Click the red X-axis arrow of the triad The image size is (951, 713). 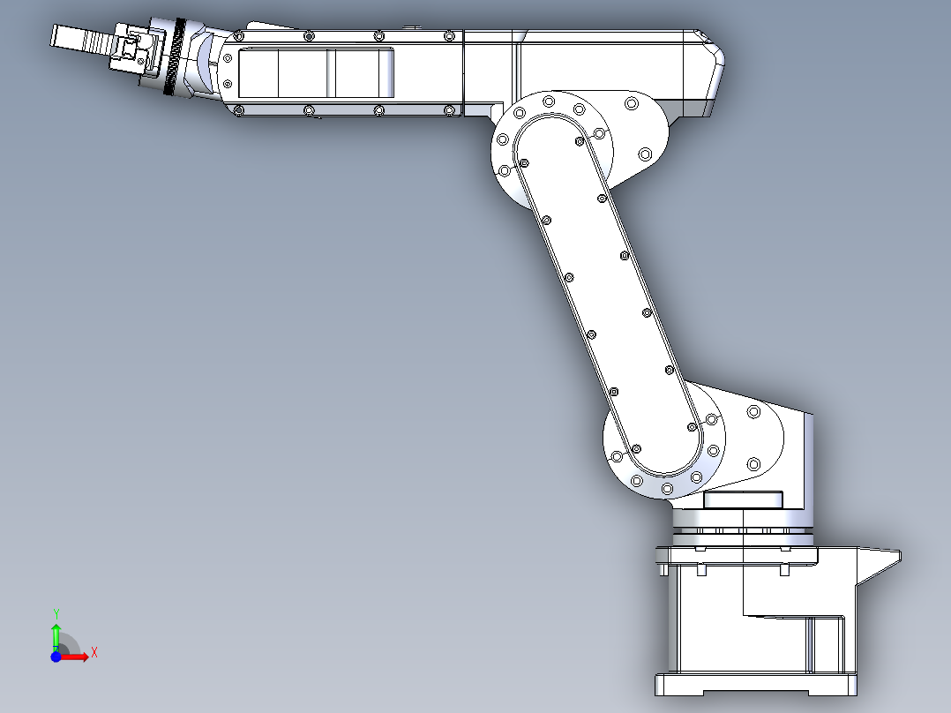point(78,656)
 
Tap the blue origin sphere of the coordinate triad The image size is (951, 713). point(56,657)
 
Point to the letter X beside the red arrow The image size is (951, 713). point(94,652)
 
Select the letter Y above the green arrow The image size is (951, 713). point(56,613)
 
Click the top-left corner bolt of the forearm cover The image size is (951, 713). point(239,36)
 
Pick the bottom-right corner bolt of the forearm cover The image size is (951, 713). point(449,110)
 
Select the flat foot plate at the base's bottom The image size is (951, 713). point(755,684)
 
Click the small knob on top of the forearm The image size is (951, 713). point(411,29)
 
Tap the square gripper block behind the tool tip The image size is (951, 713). point(132,49)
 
